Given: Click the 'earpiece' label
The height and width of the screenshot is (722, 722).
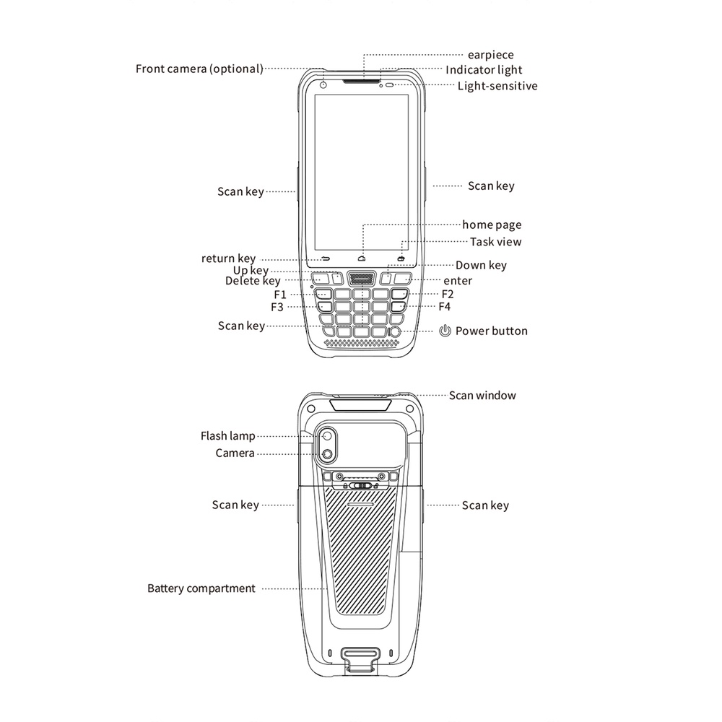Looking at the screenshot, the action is [490, 55].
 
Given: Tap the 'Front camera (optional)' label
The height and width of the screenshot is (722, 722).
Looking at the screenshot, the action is [199, 69].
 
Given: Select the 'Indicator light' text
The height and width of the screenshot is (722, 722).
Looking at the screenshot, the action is [484, 70].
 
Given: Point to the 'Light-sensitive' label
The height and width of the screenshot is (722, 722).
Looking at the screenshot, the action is [497, 86].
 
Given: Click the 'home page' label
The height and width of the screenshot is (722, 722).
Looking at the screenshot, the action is [492, 225].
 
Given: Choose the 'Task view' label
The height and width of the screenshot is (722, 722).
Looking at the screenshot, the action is [495, 242].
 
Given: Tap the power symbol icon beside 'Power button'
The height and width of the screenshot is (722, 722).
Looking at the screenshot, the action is [445, 331].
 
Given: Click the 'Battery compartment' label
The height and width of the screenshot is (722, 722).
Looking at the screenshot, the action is [201, 588].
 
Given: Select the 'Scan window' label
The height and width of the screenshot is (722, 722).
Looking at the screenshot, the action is [482, 396].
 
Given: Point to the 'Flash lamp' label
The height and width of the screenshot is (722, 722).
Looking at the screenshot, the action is [228, 435].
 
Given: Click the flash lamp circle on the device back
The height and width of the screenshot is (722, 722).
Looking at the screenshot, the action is [328, 436].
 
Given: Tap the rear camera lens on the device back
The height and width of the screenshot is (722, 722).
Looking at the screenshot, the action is [327, 454].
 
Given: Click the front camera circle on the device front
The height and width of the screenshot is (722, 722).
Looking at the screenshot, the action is [323, 84].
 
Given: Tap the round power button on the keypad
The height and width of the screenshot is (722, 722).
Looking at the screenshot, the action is [395, 331].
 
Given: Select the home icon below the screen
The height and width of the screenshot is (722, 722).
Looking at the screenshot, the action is [362, 258].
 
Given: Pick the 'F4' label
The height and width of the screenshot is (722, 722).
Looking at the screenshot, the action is [444, 307].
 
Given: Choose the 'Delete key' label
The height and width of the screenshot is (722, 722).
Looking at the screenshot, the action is [253, 281].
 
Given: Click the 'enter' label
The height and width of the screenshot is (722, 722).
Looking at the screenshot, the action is [458, 281].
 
